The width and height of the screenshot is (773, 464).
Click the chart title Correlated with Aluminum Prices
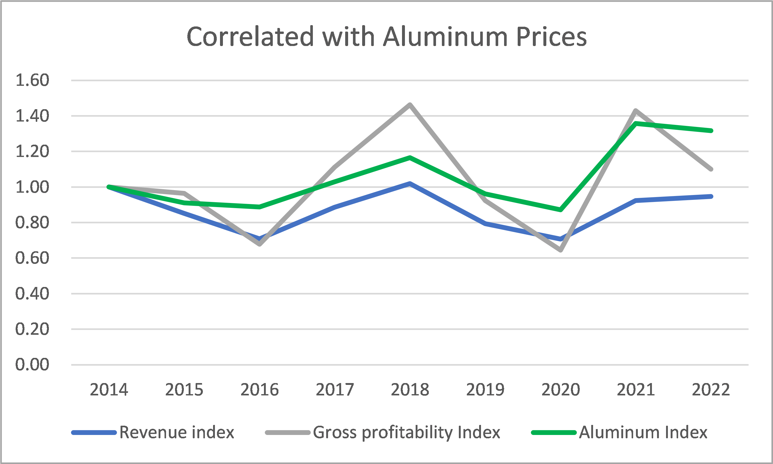(x=386, y=37)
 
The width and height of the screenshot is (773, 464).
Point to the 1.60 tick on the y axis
(x=32, y=80)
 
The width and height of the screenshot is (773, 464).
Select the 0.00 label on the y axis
(x=32, y=365)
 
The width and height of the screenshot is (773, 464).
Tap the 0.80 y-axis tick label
(x=32, y=222)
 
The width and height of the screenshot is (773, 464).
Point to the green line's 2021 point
(x=636, y=124)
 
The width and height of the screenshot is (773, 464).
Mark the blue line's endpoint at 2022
(x=711, y=196)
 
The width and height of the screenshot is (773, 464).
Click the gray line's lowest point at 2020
(x=561, y=250)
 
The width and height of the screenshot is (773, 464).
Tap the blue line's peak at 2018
(x=410, y=183)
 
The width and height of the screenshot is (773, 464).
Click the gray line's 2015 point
(x=184, y=193)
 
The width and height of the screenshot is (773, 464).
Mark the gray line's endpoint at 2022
(x=711, y=169)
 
